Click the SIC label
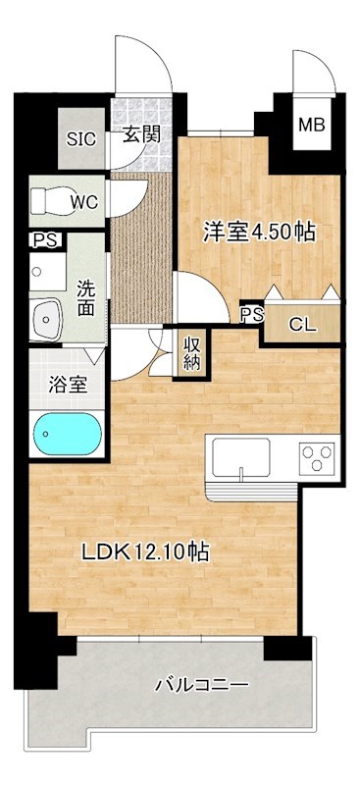[x=81, y=138]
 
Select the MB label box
[x=311, y=125]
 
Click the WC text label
[x=82, y=202]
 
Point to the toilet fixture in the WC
[x=48, y=201]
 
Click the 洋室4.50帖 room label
[x=259, y=233]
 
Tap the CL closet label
[x=302, y=325]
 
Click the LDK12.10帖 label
[x=143, y=551]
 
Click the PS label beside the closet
[x=251, y=314]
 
